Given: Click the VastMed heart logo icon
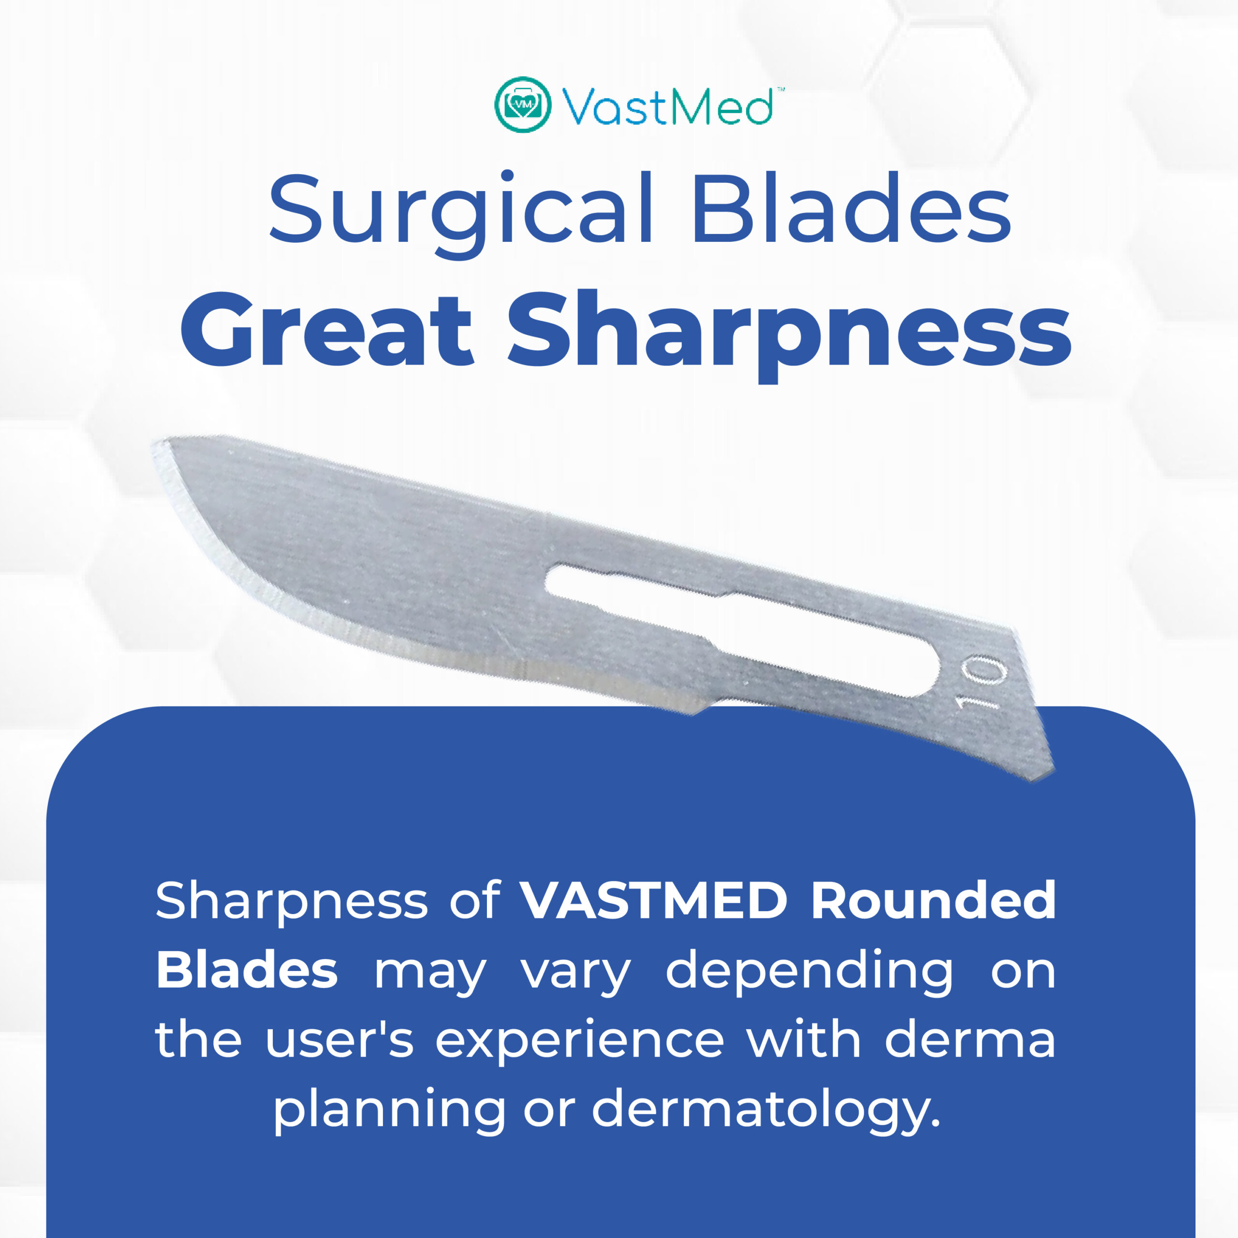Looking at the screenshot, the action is tap(522, 104).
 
